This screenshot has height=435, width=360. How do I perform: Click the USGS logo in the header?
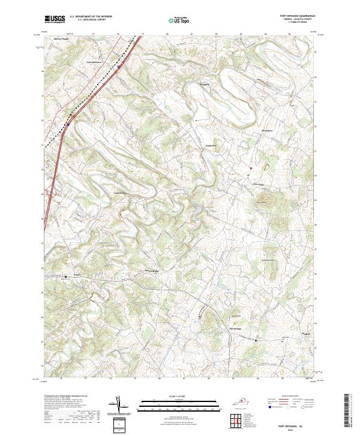pos(55,19)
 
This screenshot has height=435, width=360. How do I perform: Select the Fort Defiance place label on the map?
pos(94,62)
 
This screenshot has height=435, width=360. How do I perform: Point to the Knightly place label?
pos(205,85)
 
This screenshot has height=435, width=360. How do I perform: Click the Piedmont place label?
pos(267,130)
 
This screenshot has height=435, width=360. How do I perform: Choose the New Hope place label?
pos(257,184)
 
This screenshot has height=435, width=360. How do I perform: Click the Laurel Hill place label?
pos(121,193)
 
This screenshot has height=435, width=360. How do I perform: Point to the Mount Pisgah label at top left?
pos(62,38)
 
